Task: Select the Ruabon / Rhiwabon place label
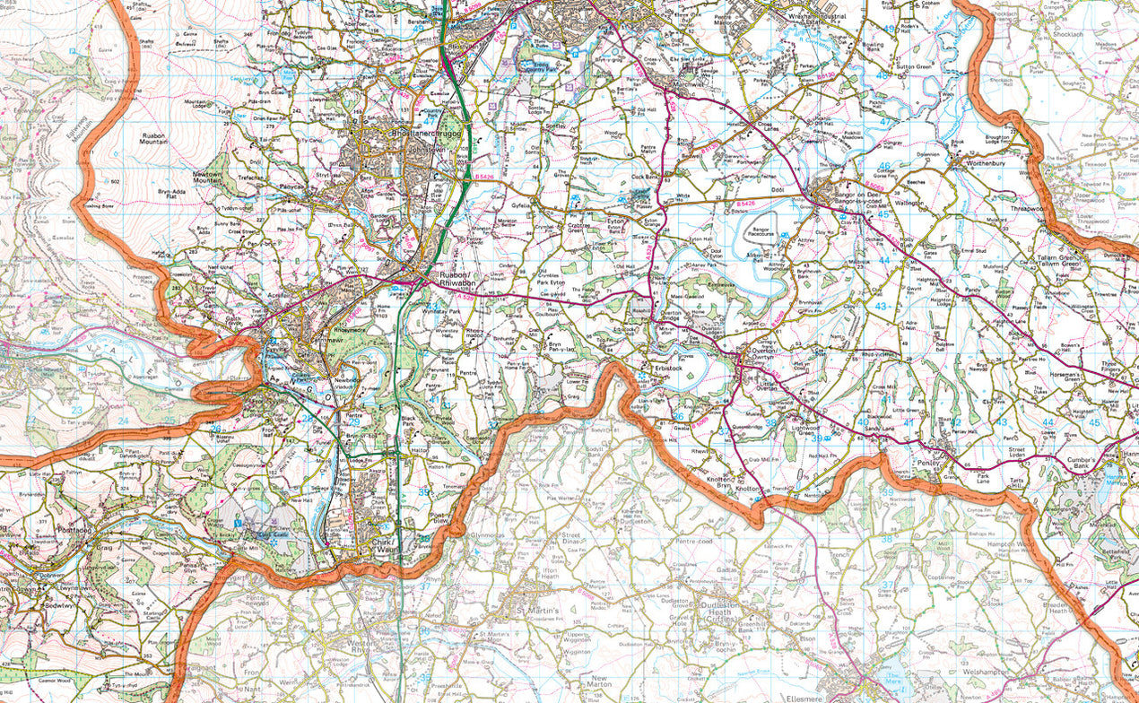459,278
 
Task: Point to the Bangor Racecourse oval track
759,240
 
